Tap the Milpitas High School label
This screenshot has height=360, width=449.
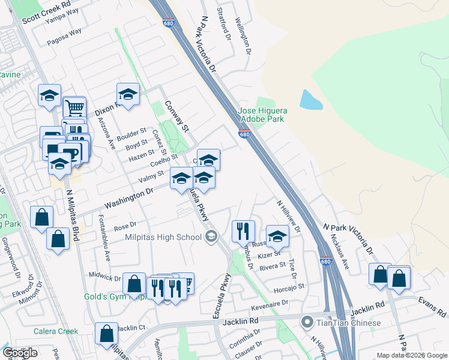pyautogui.click(x=163, y=237)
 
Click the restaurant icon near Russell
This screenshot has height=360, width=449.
pyautogui.click(x=243, y=230)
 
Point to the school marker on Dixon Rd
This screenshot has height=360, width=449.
pyautogui.click(x=128, y=94)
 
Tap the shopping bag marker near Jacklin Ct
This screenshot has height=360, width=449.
pyautogui.click(x=106, y=333)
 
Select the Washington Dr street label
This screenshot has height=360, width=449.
pyautogui.click(x=128, y=197)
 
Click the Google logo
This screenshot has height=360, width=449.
pyautogui.click(x=20, y=353)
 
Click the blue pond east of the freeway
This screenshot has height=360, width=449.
pyautogui.click(x=310, y=100)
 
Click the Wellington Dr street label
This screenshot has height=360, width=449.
pyautogui.click(x=246, y=37)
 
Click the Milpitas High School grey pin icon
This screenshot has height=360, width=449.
pyautogui.click(x=210, y=237)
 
